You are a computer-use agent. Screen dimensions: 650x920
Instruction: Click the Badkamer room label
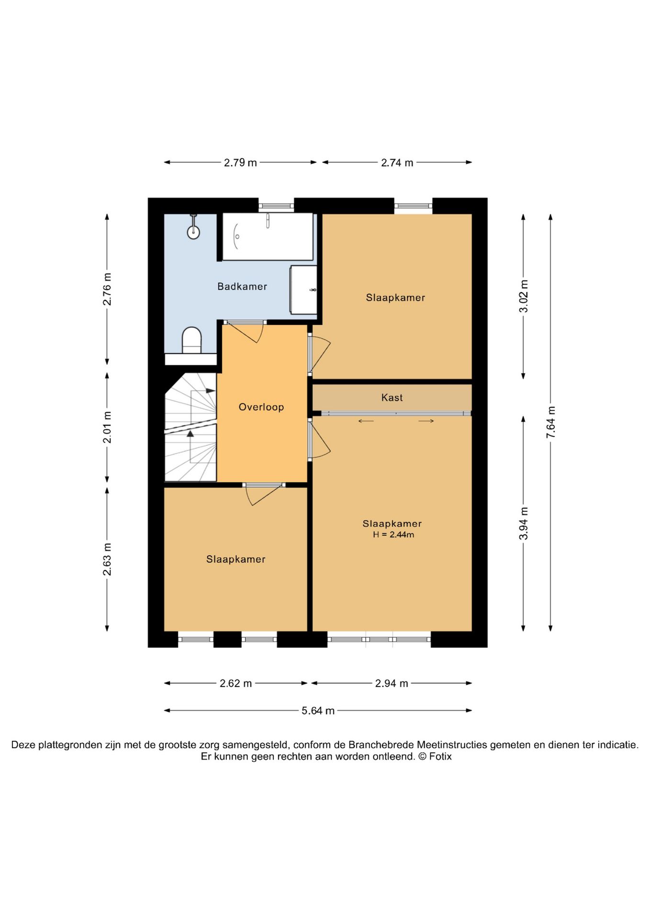242,287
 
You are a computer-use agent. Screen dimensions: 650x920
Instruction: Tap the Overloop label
261,407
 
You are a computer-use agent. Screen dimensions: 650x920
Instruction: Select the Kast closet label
392,398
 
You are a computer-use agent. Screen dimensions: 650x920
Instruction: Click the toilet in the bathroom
192,340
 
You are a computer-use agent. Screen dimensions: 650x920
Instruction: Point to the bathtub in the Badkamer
268,237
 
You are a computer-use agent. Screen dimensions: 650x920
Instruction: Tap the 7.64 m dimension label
551,422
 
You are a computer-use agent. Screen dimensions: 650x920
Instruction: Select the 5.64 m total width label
318,711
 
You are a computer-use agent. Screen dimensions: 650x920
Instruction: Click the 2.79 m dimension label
240,163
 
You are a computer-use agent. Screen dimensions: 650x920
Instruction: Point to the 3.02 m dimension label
524,296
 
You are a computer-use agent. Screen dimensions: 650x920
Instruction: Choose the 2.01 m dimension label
107,427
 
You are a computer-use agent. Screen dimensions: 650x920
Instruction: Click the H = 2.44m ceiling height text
393,535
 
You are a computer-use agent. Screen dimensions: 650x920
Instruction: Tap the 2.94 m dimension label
392,683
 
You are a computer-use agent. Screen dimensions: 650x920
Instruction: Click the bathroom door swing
245,332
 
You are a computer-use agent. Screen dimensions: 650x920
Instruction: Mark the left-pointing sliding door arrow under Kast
366,421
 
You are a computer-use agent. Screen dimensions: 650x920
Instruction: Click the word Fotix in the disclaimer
440,757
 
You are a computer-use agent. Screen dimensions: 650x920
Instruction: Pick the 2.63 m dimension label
107,560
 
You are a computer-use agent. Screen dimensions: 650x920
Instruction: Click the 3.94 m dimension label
524,523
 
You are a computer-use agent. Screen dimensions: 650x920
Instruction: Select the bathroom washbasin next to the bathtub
303,290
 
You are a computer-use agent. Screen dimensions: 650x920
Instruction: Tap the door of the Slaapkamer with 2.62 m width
264,494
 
